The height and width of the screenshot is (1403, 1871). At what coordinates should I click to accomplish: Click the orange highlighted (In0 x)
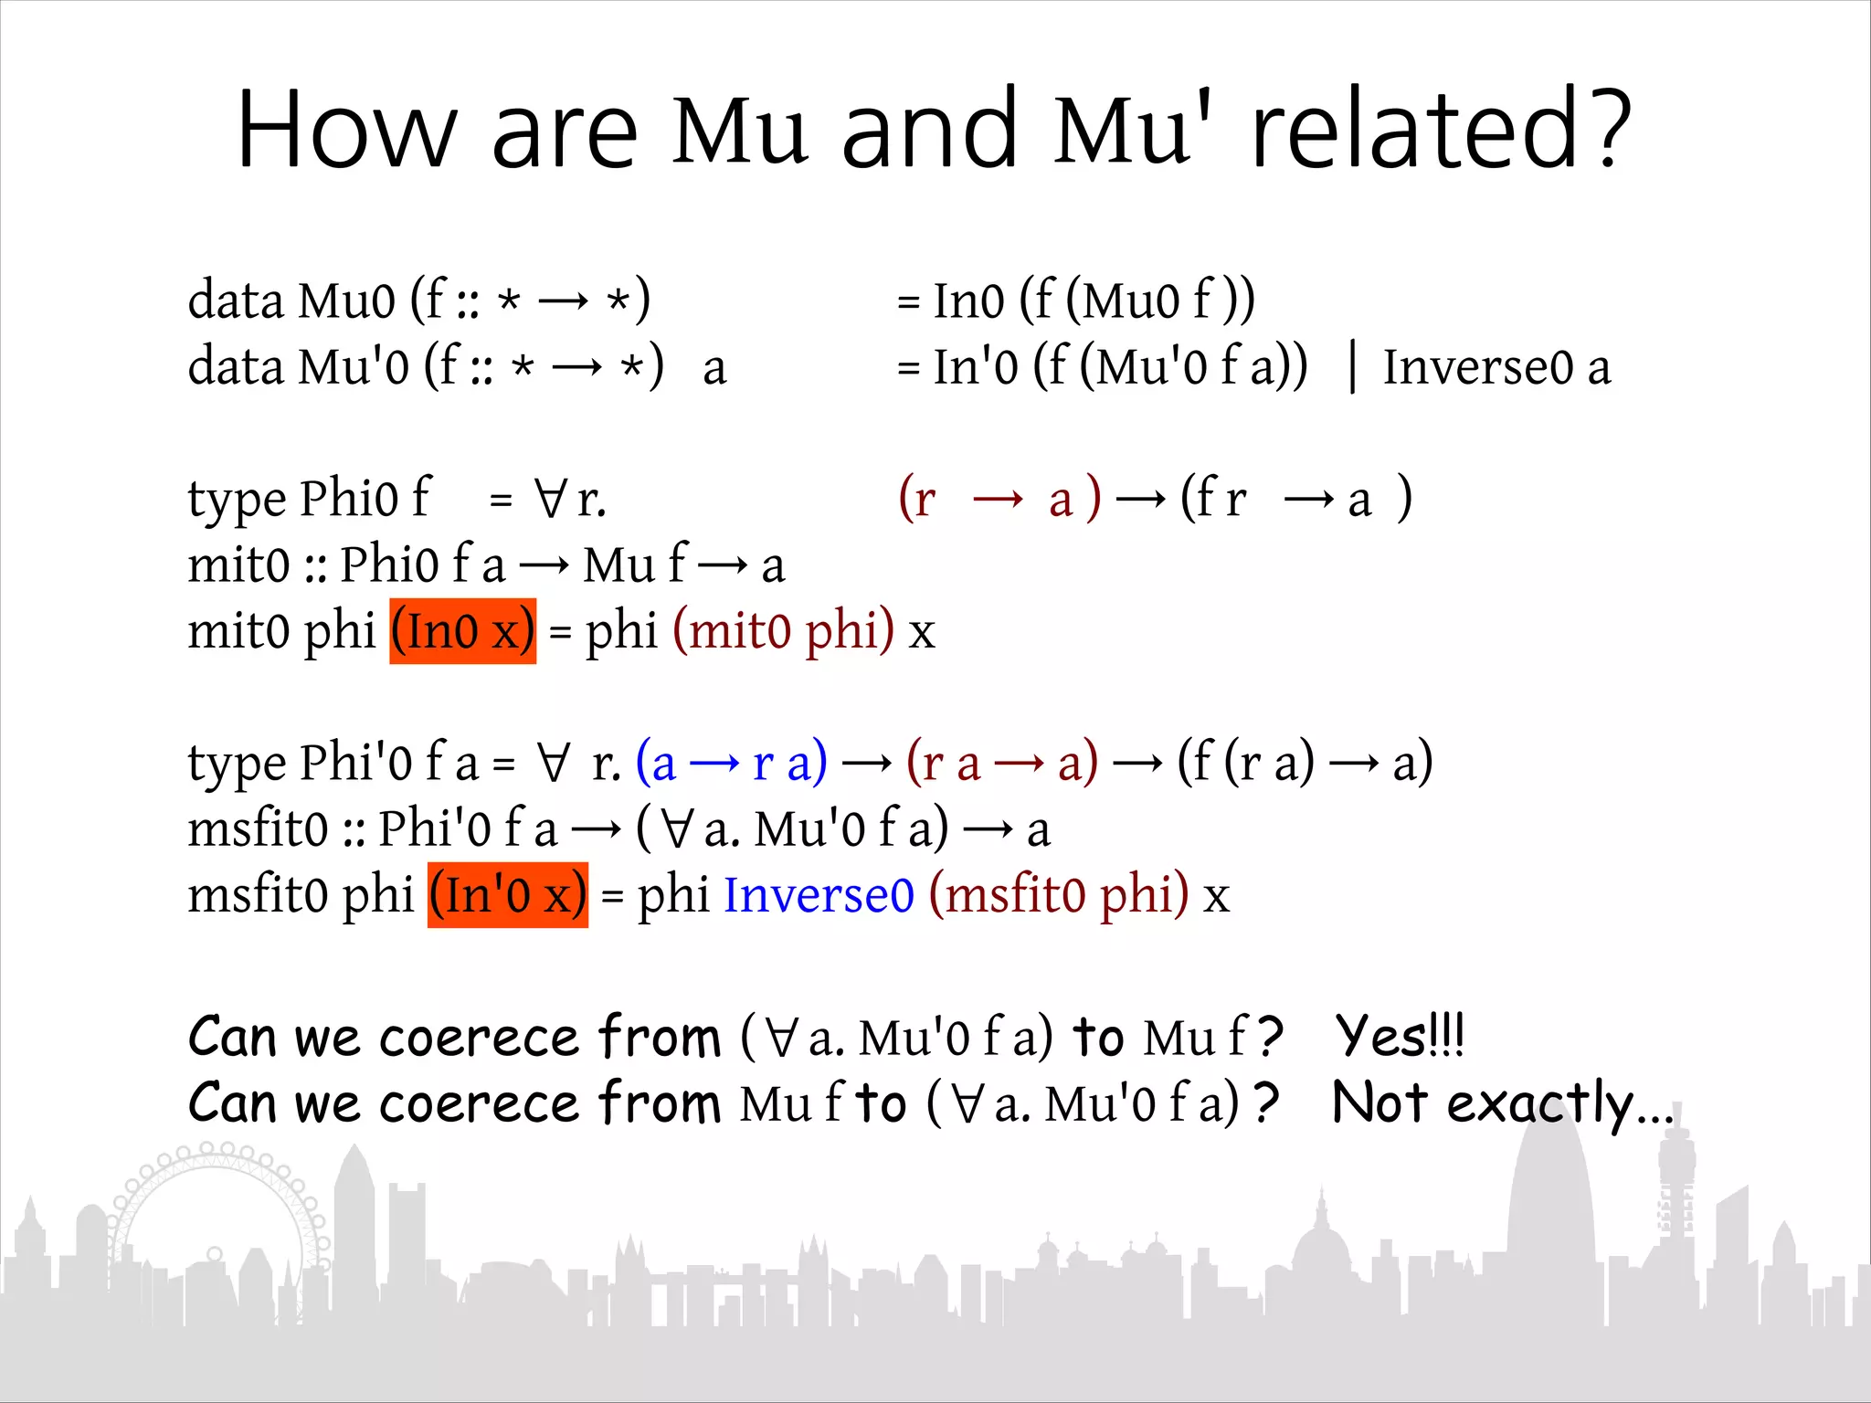click(x=462, y=631)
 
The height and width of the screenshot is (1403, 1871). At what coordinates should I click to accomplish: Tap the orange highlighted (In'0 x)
click(x=507, y=894)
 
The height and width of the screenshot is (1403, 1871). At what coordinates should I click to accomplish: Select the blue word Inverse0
click(x=819, y=894)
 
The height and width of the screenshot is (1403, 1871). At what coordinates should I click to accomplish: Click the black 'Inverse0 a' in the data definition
click(x=1496, y=367)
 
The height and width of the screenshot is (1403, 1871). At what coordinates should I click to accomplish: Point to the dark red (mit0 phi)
click(x=783, y=631)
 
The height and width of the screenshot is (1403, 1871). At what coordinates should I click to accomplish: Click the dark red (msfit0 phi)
click(x=1059, y=894)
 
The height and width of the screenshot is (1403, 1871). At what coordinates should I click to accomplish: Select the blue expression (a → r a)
click(x=731, y=763)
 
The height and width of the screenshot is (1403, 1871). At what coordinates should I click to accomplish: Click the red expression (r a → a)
click(x=1002, y=763)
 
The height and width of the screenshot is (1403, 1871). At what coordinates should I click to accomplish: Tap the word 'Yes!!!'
click(x=1399, y=1037)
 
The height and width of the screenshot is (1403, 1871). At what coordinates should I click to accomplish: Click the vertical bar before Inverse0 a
click(x=1352, y=367)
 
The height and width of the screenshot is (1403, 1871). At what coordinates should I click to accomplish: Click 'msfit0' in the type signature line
click(x=257, y=829)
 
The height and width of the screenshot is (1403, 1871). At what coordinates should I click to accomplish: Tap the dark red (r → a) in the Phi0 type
click(x=999, y=500)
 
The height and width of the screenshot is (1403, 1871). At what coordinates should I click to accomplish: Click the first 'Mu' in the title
click(x=740, y=130)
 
